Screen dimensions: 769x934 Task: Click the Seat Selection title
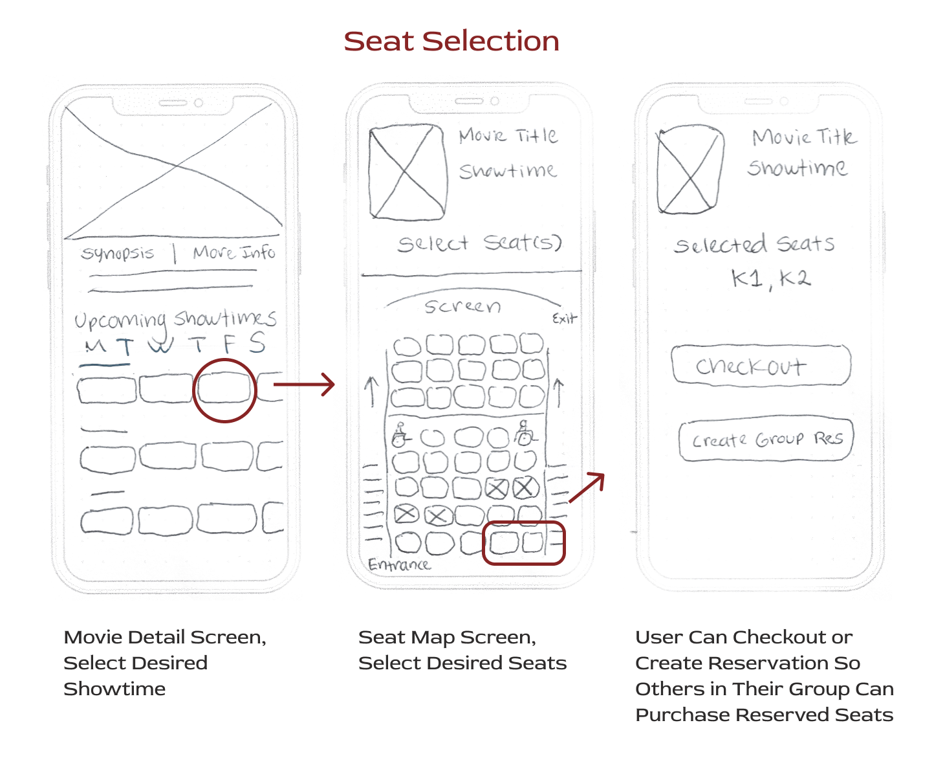tap(451, 41)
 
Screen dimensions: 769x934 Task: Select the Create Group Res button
tap(766, 440)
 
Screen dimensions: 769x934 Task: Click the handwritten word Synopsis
tap(118, 252)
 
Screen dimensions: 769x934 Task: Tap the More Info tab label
tap(234, 252)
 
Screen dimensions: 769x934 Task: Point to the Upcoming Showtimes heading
tap(175, 318)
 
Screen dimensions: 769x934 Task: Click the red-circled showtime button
tap(224, 390)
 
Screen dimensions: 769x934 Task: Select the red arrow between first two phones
tap(304, 384)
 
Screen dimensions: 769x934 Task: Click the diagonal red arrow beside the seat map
tap(587, 487)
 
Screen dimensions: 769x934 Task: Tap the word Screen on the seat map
tap(462, 306)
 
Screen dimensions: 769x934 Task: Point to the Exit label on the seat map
tap(564, 318)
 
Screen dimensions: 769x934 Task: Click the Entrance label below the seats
tap(399, 564)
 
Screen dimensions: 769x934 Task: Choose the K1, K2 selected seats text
tap(770, 279)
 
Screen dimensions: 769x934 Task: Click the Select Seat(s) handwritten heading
tap(479, 243)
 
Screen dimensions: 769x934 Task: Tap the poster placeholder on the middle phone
tap(407, 172)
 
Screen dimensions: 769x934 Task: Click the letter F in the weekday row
tap(229, 344)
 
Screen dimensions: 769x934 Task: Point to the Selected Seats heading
tap(754, 245)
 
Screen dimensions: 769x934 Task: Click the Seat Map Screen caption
tap(462, 650)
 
